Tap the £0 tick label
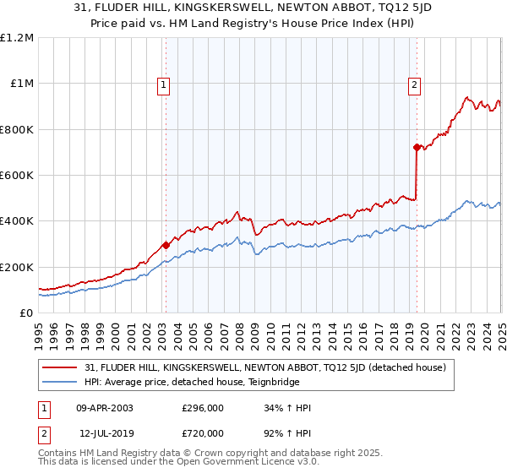coord(26,313)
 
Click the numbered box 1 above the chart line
coord(162,84)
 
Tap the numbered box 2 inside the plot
coord(415,84)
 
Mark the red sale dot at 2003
coord(166,245)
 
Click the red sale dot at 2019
coord(417,148)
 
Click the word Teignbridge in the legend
coord(271,382)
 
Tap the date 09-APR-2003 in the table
coord(105,408)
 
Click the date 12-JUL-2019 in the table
coord(105,432)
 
